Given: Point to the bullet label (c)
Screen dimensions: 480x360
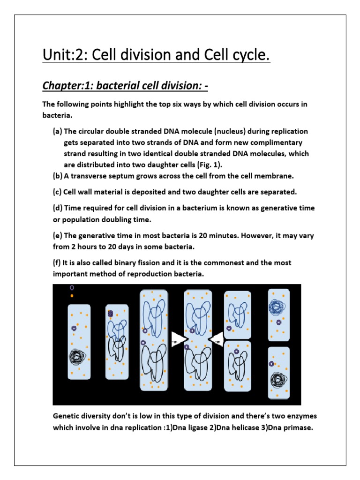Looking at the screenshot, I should [57, 192].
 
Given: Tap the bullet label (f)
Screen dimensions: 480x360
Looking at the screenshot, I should [57, 263].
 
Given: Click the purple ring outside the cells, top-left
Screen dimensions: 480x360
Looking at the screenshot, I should [72, 288].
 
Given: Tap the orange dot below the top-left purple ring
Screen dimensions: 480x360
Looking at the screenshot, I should [72, 296].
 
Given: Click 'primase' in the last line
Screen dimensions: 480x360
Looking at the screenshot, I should [295, 427].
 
